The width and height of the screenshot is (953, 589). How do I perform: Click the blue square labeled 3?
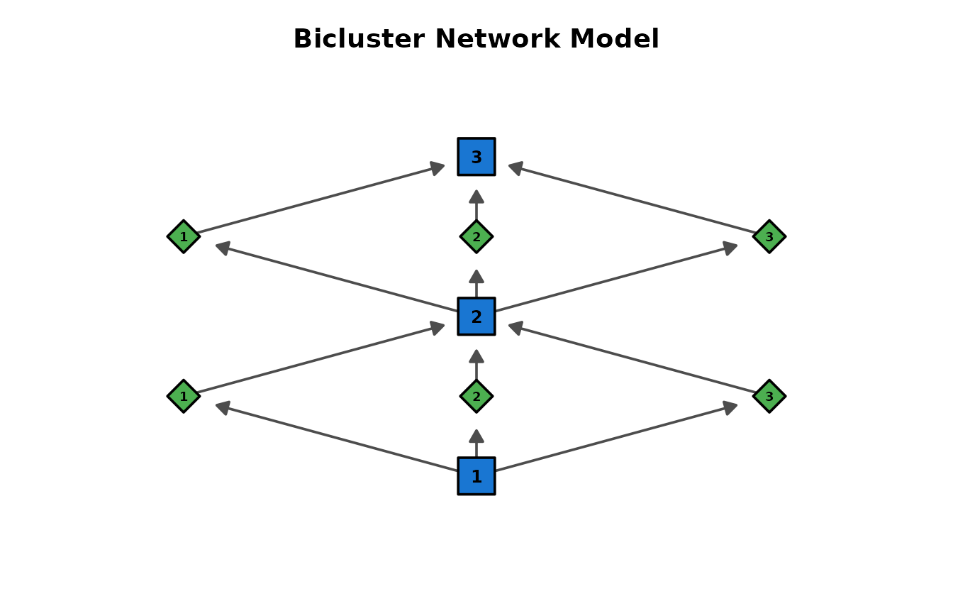point(476,157)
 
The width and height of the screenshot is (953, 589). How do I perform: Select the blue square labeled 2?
point(476,316)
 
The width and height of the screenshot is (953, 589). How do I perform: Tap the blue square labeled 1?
point(476,476)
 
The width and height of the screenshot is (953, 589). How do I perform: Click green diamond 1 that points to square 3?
point(184,236)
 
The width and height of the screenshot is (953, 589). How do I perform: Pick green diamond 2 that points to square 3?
point(476,236)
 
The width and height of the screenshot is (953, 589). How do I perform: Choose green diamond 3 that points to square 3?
point(769,236)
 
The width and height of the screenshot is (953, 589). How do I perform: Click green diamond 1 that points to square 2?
point(184,396)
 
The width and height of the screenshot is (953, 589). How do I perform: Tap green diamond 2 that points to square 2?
point(476,396)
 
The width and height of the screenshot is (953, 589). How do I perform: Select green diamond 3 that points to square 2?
point(769,396)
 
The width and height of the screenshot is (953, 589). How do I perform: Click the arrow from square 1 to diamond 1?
point(336,438)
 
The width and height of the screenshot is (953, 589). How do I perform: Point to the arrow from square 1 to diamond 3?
point(617,438)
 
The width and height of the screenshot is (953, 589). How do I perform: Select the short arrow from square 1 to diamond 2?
point(476,443)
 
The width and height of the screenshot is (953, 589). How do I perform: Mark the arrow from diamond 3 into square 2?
point(632,359)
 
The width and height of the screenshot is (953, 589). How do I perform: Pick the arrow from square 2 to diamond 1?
point(336,278)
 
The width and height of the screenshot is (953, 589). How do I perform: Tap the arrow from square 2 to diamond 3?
point(617,278)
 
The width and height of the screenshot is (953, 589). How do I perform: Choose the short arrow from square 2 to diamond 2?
point(476,283)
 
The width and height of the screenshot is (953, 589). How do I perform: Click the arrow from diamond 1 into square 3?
point(321,199)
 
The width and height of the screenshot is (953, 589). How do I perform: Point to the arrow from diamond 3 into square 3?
point(632,199)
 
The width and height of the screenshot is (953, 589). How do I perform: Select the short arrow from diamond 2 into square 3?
point(476,204)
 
